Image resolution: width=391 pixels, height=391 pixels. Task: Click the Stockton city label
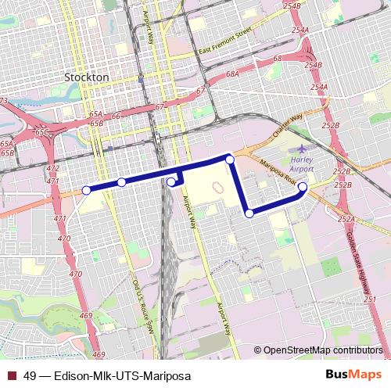point(87,78)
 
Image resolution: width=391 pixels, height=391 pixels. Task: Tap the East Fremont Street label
point(226,41)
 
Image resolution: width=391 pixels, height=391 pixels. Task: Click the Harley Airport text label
point(301,163)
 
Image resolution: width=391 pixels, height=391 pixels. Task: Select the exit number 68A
point(232,74)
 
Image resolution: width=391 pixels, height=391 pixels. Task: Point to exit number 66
point(116,117)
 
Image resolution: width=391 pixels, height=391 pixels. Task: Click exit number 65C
point(42,132)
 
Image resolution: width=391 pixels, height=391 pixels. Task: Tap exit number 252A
point(346,220)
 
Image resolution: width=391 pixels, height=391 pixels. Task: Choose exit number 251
point(369,300)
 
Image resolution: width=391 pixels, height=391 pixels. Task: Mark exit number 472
point(53,169)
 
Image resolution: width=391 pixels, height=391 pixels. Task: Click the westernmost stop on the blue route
point(86,189)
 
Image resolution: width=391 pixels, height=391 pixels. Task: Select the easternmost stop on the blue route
point(302,187)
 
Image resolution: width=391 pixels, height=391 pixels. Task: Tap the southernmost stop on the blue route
point(249,213)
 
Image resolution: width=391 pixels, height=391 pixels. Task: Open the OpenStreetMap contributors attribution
point(323,350)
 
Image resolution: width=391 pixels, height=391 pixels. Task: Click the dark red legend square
point(12,375)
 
